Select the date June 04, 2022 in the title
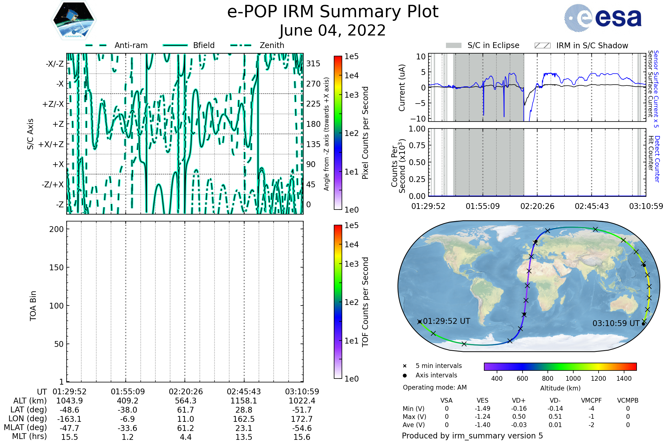332,30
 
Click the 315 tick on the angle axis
313,64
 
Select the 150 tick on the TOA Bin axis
56,267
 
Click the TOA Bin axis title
33,306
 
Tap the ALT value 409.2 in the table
127,401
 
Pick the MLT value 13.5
244,437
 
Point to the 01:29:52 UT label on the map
446,321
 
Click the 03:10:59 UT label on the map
616,323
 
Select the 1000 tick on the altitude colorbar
573,379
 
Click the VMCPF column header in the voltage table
591,400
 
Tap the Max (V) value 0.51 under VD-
555,417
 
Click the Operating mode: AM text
435,387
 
